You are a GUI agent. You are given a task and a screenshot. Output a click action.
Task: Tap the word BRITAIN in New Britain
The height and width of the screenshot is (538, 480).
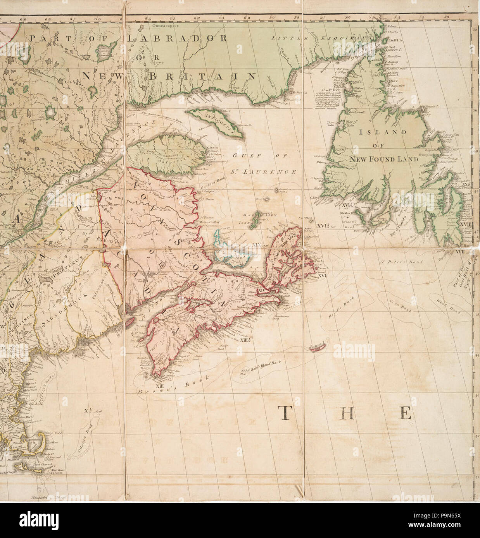[202, 76]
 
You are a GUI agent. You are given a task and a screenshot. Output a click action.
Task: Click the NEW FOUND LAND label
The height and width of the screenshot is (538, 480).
[389, 159]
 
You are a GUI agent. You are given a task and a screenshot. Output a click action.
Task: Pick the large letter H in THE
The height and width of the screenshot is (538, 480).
[347, 413]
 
